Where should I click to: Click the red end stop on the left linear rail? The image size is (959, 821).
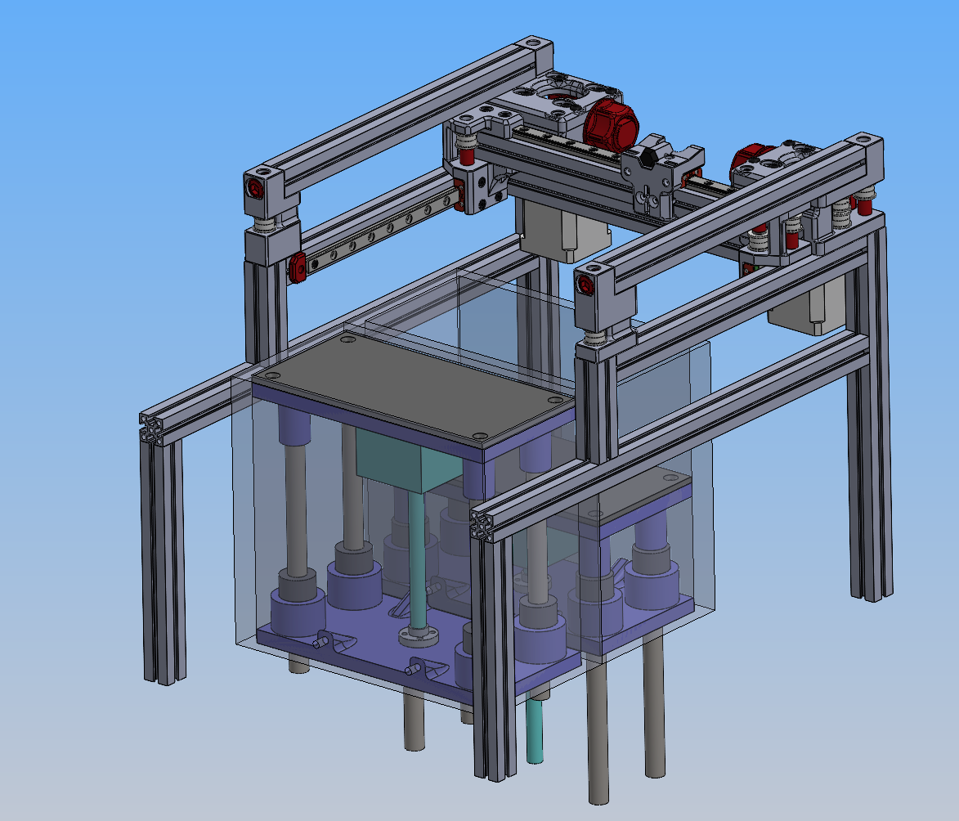click(x=297, y=267)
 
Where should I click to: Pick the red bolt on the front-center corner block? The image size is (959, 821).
click(x=585, y=285)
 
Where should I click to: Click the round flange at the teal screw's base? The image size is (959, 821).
click(x=415, y=635)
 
